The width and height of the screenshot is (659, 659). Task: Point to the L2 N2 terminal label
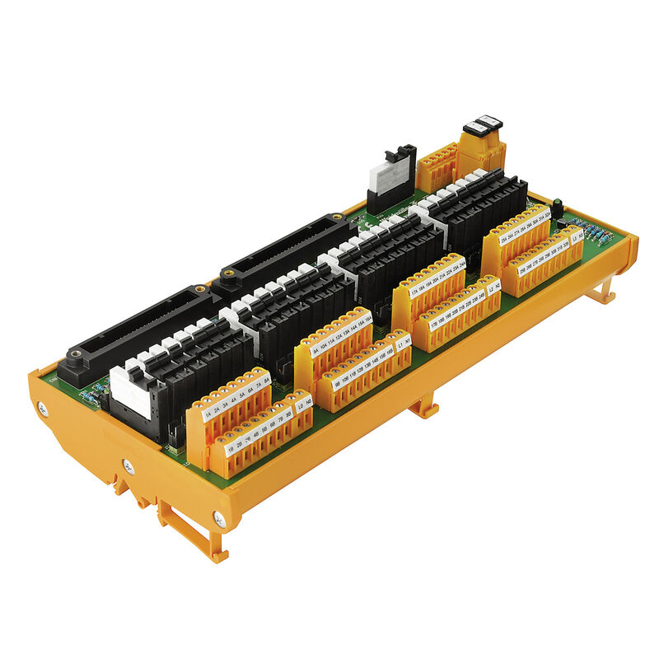coord(494,289)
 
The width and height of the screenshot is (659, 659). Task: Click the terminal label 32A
coord(547,215)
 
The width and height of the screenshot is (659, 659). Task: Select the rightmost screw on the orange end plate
coord(218,519)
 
